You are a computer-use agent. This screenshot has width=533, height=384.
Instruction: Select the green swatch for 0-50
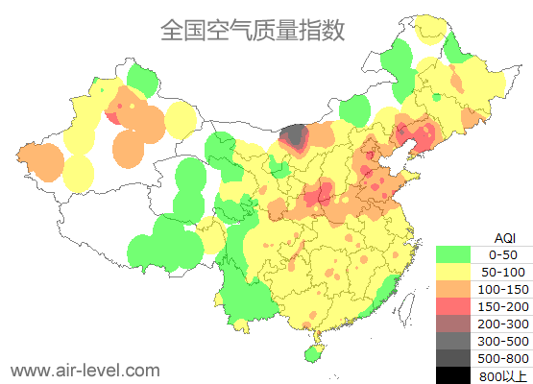tap(453, 254)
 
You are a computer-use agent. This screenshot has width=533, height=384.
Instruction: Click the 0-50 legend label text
tap(502, 254)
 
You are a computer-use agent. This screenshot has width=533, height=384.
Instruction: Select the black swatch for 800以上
tap(453, 374)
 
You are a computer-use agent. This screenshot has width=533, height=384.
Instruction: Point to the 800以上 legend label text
tap(502, 374)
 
